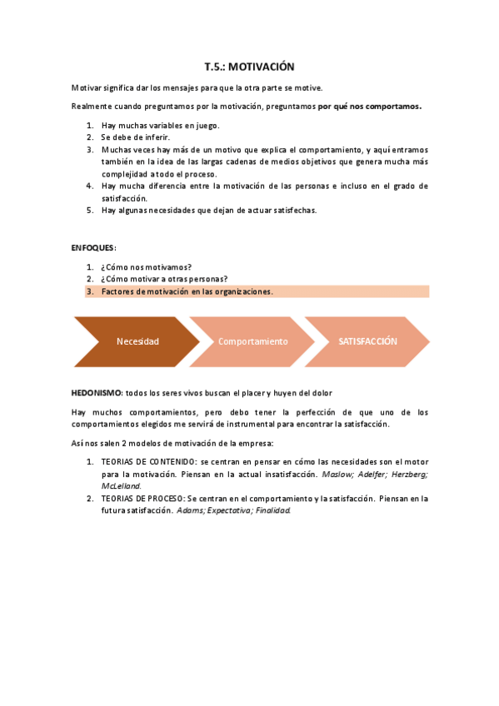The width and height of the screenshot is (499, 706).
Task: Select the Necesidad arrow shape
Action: tap(137, 341)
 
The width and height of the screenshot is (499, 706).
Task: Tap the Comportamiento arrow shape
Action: tap(252, 341)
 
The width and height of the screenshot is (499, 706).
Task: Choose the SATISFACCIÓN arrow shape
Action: tap(367, 341)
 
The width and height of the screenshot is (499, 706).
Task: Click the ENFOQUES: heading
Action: tap(94, 248)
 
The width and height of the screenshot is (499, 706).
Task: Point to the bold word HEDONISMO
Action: tap(97, 391)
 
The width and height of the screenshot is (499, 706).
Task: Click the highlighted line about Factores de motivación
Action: tap(187, 291)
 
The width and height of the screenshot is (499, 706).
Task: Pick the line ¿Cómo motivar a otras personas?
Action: tap(164, 279)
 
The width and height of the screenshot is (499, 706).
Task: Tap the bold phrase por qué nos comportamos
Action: tap(370, 106)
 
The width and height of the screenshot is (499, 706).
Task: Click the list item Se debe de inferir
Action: tap(135, 137)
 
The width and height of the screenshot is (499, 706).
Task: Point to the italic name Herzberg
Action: tap(408, 474)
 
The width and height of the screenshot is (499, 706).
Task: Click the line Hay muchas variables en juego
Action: tap(160, 125)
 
